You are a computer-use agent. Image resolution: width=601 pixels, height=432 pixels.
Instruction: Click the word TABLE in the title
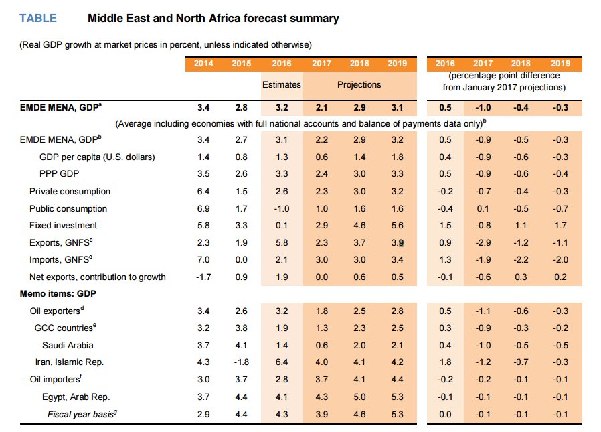point(38,18)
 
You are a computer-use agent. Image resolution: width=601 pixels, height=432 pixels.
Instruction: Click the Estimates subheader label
point(281,85)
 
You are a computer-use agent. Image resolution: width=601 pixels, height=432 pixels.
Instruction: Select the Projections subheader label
point(359,85)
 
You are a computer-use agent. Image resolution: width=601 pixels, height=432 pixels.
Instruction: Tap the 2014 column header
point(203,64)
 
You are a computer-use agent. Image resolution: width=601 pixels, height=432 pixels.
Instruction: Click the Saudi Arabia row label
point(68,345)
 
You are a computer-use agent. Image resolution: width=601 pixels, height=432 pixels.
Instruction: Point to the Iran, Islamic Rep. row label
point(70,362)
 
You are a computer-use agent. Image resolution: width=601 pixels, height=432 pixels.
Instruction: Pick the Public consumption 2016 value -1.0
point(281,208)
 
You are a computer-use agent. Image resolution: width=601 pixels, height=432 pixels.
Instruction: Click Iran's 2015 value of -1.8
point(241,362)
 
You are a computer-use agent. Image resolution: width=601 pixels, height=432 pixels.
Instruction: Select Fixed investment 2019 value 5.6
point(397,226)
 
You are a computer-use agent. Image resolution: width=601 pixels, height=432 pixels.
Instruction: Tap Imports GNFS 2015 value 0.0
point(241,260)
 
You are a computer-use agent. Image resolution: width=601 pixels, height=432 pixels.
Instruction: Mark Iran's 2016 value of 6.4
point(281,362)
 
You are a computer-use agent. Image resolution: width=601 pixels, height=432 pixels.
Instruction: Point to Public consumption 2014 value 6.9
point(203,208)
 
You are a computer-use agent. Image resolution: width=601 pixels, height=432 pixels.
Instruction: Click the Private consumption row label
point(70,191)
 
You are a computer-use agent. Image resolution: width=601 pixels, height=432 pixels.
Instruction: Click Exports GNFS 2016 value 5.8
point(281,242)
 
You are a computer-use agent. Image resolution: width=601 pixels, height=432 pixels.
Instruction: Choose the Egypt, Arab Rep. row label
point(76,397)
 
